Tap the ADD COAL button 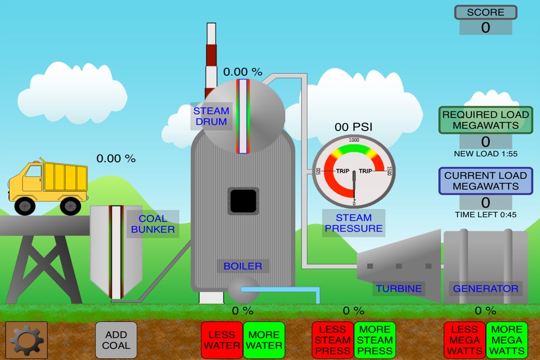(116, 340)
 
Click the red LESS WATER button (221, 340)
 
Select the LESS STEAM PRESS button (332, 340)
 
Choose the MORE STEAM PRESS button (375, 340)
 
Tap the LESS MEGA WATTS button (465, 340)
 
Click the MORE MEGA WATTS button (507, 340)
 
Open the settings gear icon (26, 340)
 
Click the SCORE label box (485, 12)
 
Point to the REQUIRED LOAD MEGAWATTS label (485, 120)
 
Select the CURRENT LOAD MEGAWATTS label (485, 181)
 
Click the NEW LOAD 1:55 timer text (485, 154)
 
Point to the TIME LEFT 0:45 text (485, 214)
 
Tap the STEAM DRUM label (211, 116)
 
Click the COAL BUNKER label (152, 224)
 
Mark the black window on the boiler (243, 201)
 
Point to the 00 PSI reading (353, 127)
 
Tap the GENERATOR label (485, 289)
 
